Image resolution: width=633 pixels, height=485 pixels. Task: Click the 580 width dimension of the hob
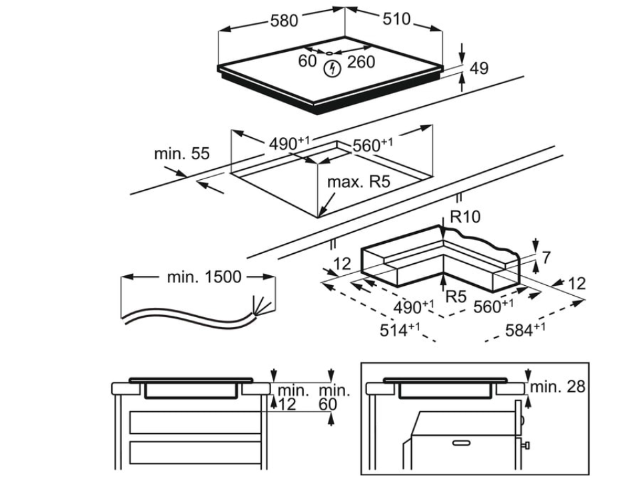click(284, 21)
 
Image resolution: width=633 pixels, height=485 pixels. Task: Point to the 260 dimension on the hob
click(361, 62)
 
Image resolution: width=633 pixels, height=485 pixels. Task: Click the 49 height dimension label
click(478, 68)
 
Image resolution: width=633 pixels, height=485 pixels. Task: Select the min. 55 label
click(181, 154)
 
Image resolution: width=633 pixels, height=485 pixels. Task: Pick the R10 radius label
click(465, 217)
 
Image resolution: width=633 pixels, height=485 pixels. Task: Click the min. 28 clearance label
click(559, 386)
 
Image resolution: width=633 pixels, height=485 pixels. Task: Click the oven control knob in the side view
click(526, 444)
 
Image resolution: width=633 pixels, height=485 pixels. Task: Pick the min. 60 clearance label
click(334, 397)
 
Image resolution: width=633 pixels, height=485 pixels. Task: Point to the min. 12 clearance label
click(293, 397)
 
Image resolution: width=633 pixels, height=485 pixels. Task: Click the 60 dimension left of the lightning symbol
click(307, 61)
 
